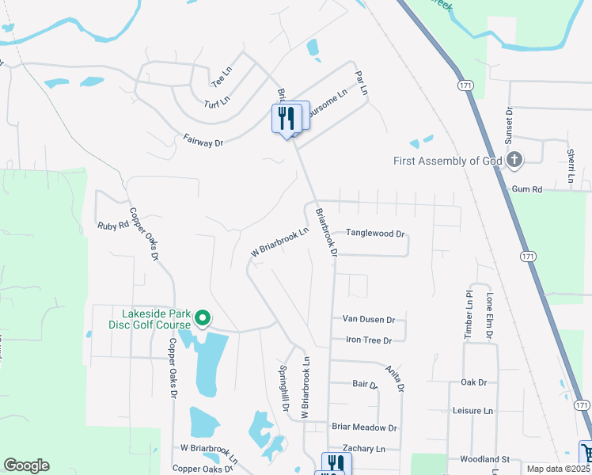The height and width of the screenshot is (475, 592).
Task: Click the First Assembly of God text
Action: (x=448, y=161)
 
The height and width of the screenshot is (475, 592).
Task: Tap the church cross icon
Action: (x=514, y=160)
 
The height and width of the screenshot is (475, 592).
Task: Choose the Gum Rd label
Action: (x=526, y=189)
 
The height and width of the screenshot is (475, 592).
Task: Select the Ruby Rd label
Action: (x=112, y=225)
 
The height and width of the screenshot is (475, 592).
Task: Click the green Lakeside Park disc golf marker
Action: (x=203, y=319)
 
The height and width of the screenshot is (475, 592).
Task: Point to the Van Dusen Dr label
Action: (x=368, y=319)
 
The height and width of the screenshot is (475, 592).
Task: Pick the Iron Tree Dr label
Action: (x=369, y=340)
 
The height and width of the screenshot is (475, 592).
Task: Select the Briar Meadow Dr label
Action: (x=364, y=427)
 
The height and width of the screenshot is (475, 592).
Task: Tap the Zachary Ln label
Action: (x=369, y=448)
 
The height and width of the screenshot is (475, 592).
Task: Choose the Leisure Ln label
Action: (x=472, y=411)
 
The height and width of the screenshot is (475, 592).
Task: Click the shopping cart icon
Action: (x=586, y=452)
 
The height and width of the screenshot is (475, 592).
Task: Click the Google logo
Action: (x=26, y=465)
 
